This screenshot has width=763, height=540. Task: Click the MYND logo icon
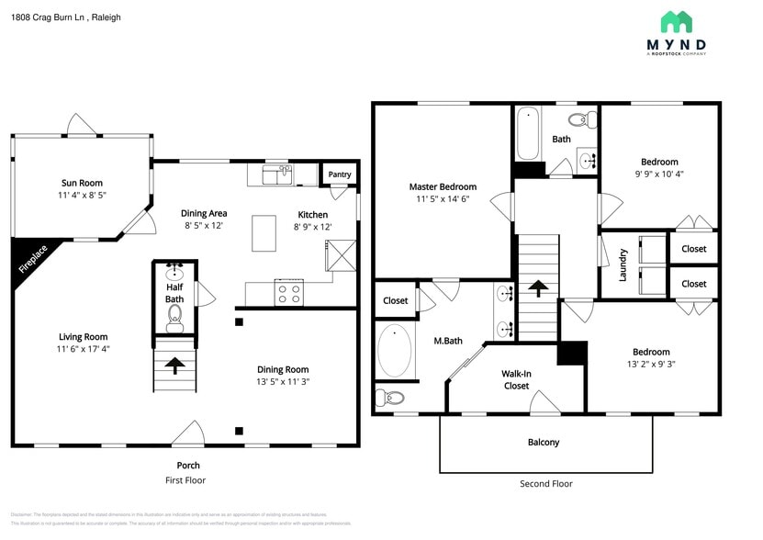pos(677,22)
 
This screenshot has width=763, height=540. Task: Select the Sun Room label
pos(82,183)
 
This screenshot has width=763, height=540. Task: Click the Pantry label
pos(339,174)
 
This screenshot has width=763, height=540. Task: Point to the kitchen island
pos(264,232)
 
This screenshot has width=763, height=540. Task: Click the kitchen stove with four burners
pos(289,294)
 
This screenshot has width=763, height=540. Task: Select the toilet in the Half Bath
pos(174,319)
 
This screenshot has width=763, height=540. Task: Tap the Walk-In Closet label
pos(516,379)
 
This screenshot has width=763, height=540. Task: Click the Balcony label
pos(544,442)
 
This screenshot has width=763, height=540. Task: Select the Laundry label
pos(623,264)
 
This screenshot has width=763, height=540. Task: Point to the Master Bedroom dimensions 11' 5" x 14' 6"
pos(443,198)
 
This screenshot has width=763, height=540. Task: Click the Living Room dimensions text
pos(83,349)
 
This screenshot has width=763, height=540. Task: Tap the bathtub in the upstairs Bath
pos(527,134)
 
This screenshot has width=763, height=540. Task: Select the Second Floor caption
pos(546,483)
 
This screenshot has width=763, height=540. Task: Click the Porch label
pos(188,465)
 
